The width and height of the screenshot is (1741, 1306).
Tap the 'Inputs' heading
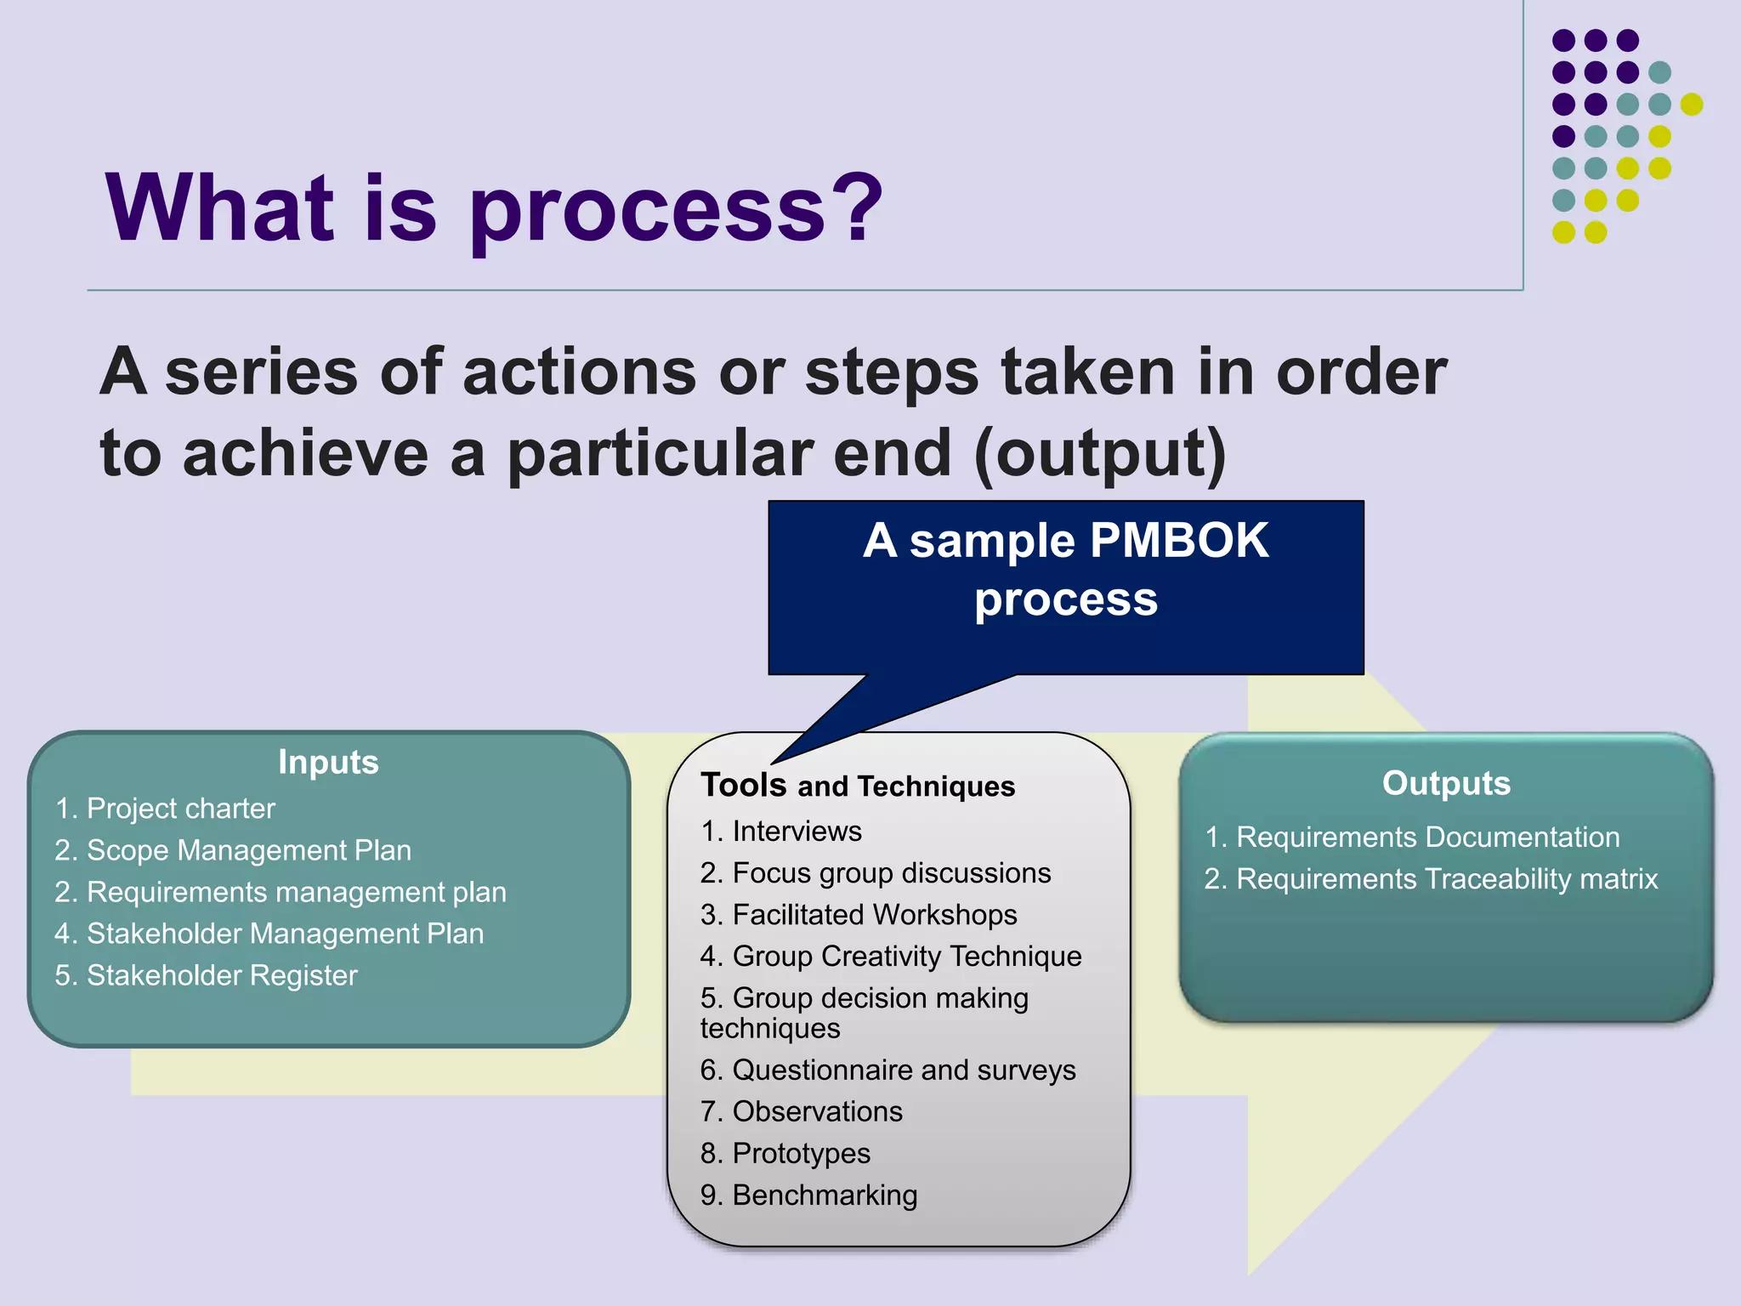pyautogui.click(x=328, y=762)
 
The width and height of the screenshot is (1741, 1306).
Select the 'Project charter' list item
pyautogui.click(x=180, y=808)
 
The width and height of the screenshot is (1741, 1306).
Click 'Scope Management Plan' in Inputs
pyautogui.click(x=248, y=850)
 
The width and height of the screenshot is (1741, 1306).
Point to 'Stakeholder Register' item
pyautogui.click(x=221, y=975)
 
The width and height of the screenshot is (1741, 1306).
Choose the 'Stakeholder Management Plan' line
pyautogui.click(x=285, y=934)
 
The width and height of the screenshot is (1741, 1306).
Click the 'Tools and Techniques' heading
pyautogui.click(x=857, y=786)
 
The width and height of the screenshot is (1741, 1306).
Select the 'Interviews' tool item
pyautogui.click(x=797, y=831)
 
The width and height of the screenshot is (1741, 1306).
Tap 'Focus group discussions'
pyautogui.click(x=891, y=873)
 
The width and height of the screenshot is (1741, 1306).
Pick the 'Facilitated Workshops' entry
pyautogui.click(x=874, y=915)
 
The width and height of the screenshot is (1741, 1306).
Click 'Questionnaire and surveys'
pyautogui.click(x=903, y=1070)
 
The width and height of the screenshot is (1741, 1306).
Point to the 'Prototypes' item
pyautogui.click(x=801, y=1153)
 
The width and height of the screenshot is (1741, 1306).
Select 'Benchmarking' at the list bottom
pyautogui.click(x=824, y=1195)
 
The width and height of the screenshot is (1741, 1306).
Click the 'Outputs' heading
pyautogui.click(x=1446, y=783)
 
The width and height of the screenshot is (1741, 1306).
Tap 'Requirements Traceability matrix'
pyautogui.click(x=1446, y=878)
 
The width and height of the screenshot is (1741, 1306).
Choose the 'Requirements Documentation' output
pyautogui.click(x=1426, y=837)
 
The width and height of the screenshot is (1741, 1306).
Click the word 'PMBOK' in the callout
pyautogui.click(x=1178, y=541)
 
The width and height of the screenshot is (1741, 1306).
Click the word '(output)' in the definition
pyautogui.click(x=1100, y=453)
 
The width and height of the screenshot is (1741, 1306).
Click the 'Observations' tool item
pyautogui.click(x=817, y=1111)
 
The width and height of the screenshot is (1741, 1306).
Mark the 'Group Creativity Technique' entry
pyautogui.click(x=906, y=957)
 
